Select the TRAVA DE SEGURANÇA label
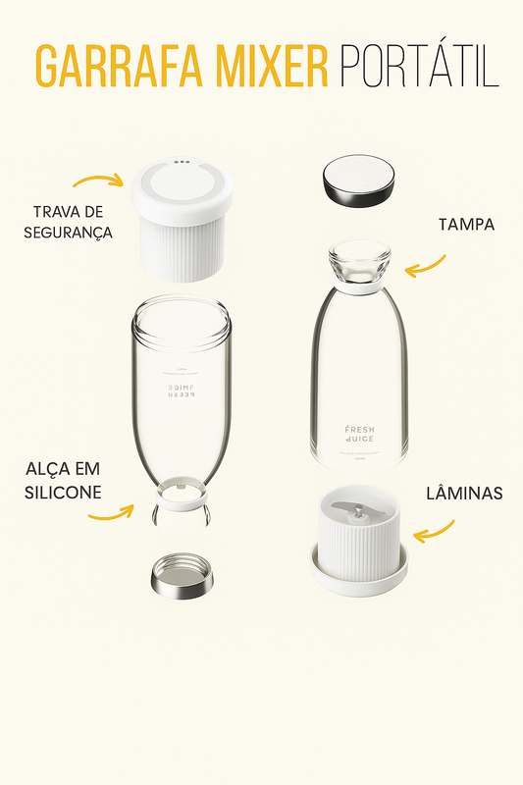pos(73,222)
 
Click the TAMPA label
pos(466,225)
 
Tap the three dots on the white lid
pos(181,163)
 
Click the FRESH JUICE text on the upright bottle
pos(359,435)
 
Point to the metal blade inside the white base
pos(359,513)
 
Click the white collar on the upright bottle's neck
pos(359,288)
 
